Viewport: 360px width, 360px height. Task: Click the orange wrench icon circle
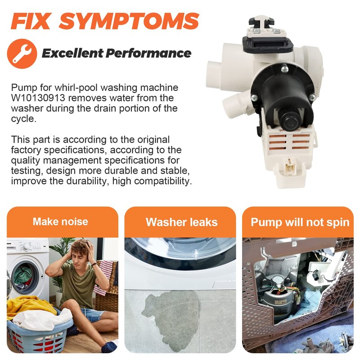(x=22, y=54)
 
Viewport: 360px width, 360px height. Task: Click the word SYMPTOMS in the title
(x=129, y=21)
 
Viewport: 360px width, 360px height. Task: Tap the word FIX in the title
(x=30, y=21)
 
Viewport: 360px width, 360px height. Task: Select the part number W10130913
(x=38, y=98)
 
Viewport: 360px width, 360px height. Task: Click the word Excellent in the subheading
(x=72, y=53)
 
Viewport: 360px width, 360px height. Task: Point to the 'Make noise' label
(x=60, y=221)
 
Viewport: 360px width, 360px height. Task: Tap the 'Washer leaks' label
(x=182, y=222)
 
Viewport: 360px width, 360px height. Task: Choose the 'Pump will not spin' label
(x=300, y=222)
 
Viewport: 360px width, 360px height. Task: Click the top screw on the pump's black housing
(x=284, y=68)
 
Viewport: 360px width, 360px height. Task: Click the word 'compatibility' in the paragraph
(x=163, y=181)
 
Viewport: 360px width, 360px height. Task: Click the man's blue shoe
(x=109, y=346)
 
